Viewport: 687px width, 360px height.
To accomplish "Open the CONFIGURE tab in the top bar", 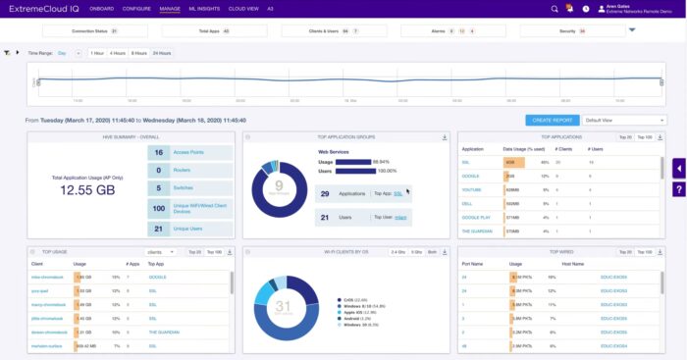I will pos(136,8).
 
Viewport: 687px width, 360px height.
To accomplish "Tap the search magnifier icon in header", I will pos(555,9).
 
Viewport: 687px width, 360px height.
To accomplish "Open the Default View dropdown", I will pos(618,120).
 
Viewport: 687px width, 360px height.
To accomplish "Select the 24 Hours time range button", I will pos(163,53).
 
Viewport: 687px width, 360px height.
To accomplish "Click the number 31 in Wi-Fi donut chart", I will pos(283,306).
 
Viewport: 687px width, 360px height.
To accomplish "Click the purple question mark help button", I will pos(678,187).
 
